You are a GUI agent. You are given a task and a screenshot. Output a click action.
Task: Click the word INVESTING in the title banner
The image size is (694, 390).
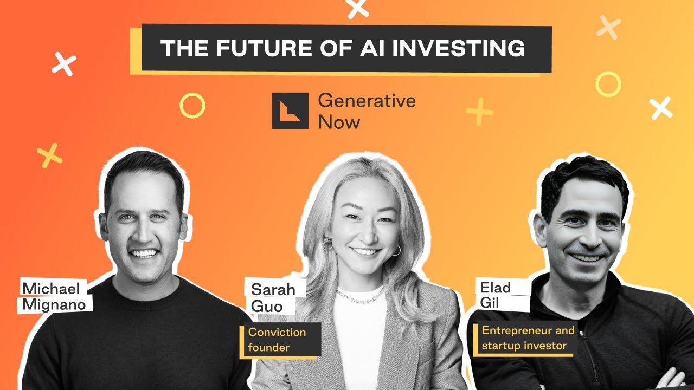point(458,48)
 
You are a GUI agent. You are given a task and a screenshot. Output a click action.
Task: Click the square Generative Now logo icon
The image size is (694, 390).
point(290,110)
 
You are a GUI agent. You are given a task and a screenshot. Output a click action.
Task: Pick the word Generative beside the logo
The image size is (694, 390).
point(367,101)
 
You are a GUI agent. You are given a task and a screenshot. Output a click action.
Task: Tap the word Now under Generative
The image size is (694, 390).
point(339,122)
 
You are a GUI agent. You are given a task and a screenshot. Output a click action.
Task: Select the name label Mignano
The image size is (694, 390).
point(54,305)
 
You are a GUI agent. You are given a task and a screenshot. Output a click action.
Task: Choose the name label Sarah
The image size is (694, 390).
point(273,289)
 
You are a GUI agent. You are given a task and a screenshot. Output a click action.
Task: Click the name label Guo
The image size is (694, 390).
point(267,307)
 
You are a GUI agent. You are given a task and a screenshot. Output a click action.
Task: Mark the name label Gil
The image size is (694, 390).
point(490,303)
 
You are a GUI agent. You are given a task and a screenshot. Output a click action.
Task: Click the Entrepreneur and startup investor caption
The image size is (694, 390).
point(524,338)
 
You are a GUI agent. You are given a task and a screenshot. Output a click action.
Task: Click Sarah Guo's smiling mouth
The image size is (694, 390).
point(365,251)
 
